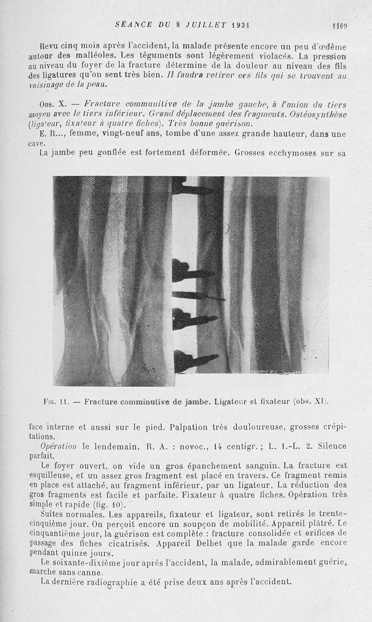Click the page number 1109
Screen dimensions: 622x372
(x=339, y=26)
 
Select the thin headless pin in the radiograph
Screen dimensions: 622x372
(x=198, y=295)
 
